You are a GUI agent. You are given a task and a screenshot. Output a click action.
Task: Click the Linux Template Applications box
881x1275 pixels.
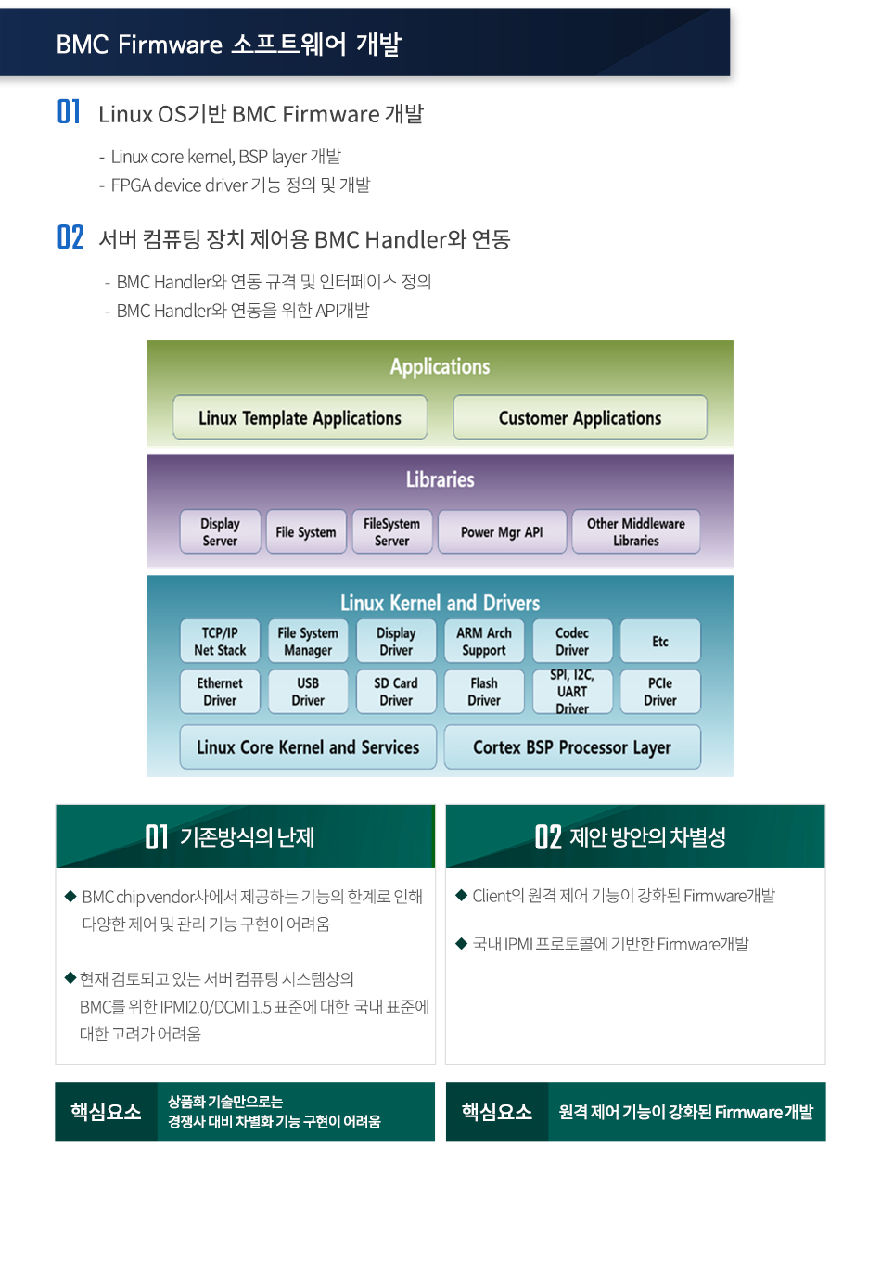coord(300,417)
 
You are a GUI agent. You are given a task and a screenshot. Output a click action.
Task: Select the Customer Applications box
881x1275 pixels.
coord(580,417)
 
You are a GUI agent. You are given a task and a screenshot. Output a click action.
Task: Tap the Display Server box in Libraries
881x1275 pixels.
coord(220,532)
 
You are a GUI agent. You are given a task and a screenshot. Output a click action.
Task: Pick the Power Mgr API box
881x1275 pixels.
coord(502,532)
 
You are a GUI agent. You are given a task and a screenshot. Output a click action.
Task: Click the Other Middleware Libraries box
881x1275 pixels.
coord(636,532)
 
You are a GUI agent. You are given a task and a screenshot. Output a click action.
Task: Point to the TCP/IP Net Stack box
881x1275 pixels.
coord(220,642)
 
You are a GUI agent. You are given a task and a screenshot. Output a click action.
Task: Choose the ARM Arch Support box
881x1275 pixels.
coord(484,642)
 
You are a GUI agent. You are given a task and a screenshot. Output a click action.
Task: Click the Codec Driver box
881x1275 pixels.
coord(572,642)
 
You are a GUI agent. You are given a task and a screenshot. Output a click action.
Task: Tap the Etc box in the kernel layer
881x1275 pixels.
coord(660,642)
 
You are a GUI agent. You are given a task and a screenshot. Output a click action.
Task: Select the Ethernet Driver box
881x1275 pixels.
coord(220,692)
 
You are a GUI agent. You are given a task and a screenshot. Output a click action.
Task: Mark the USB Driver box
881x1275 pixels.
coord(308,692)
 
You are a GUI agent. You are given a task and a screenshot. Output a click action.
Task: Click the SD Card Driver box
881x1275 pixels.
coord(396,692)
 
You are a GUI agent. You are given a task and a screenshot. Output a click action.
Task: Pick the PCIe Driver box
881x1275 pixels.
coord(660,692)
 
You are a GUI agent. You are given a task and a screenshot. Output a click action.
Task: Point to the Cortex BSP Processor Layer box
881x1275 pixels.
coord(572,747)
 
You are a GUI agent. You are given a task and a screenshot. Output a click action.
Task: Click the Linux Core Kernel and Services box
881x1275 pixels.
coord(308,747)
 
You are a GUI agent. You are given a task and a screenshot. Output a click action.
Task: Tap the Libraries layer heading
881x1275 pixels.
coord(440,479)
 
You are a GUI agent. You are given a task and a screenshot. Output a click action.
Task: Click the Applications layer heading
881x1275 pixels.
coord(440,366)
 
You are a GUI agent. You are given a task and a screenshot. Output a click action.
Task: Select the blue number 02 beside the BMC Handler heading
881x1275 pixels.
coord(70,237)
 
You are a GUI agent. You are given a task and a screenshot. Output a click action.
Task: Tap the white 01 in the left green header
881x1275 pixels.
coord(156,837)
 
